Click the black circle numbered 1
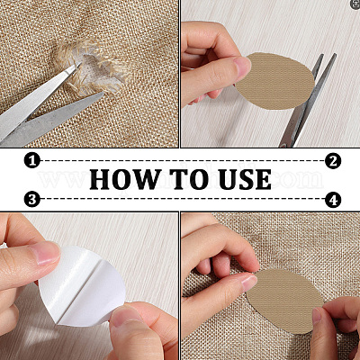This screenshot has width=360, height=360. pos(32,160)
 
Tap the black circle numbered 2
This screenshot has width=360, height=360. pos(333,160)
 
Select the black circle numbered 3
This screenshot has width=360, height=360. pos(32,199)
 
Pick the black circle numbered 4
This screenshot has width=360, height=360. pos(333,200)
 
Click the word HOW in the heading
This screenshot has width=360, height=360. pos(124,179)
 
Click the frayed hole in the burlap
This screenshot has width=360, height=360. pos(95,68)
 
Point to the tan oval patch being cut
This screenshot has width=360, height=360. pos(275,81)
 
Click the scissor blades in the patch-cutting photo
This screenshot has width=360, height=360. pos(306,101)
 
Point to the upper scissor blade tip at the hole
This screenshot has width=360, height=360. pos(80,63)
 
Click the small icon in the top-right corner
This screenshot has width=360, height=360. pos(356,4)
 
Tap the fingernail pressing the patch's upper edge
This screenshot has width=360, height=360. pos(249,283)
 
